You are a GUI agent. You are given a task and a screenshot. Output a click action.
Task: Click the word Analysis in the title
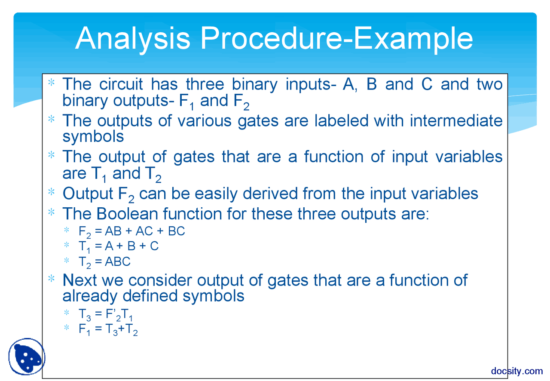click(x=132, y=38)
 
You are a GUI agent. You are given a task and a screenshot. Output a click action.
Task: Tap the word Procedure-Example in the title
click(x=336, y=38)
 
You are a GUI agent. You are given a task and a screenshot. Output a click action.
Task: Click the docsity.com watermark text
click(x=516, y=371)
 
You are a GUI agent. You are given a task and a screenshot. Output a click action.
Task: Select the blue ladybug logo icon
click(x=26, y=356)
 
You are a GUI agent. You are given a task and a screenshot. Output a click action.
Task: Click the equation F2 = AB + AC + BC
click(x=131, y=232)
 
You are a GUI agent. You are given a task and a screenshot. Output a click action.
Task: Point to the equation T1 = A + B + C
click(x=118, y=246)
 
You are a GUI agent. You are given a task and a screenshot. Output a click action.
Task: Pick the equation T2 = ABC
click(x=104, y=261)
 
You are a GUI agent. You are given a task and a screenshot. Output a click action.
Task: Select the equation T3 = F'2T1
click(x=106, y=316)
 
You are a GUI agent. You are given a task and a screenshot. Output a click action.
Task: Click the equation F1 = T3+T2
click(x=108, y=330)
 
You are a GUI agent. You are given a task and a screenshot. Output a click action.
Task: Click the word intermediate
click(x=456, y=120)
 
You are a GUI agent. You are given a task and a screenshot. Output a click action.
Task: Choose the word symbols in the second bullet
click(x=93, y=137)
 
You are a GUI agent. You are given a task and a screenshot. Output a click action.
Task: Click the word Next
click(x=80, y=280)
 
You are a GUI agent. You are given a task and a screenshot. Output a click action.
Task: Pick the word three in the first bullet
click(x=205, y=84)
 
